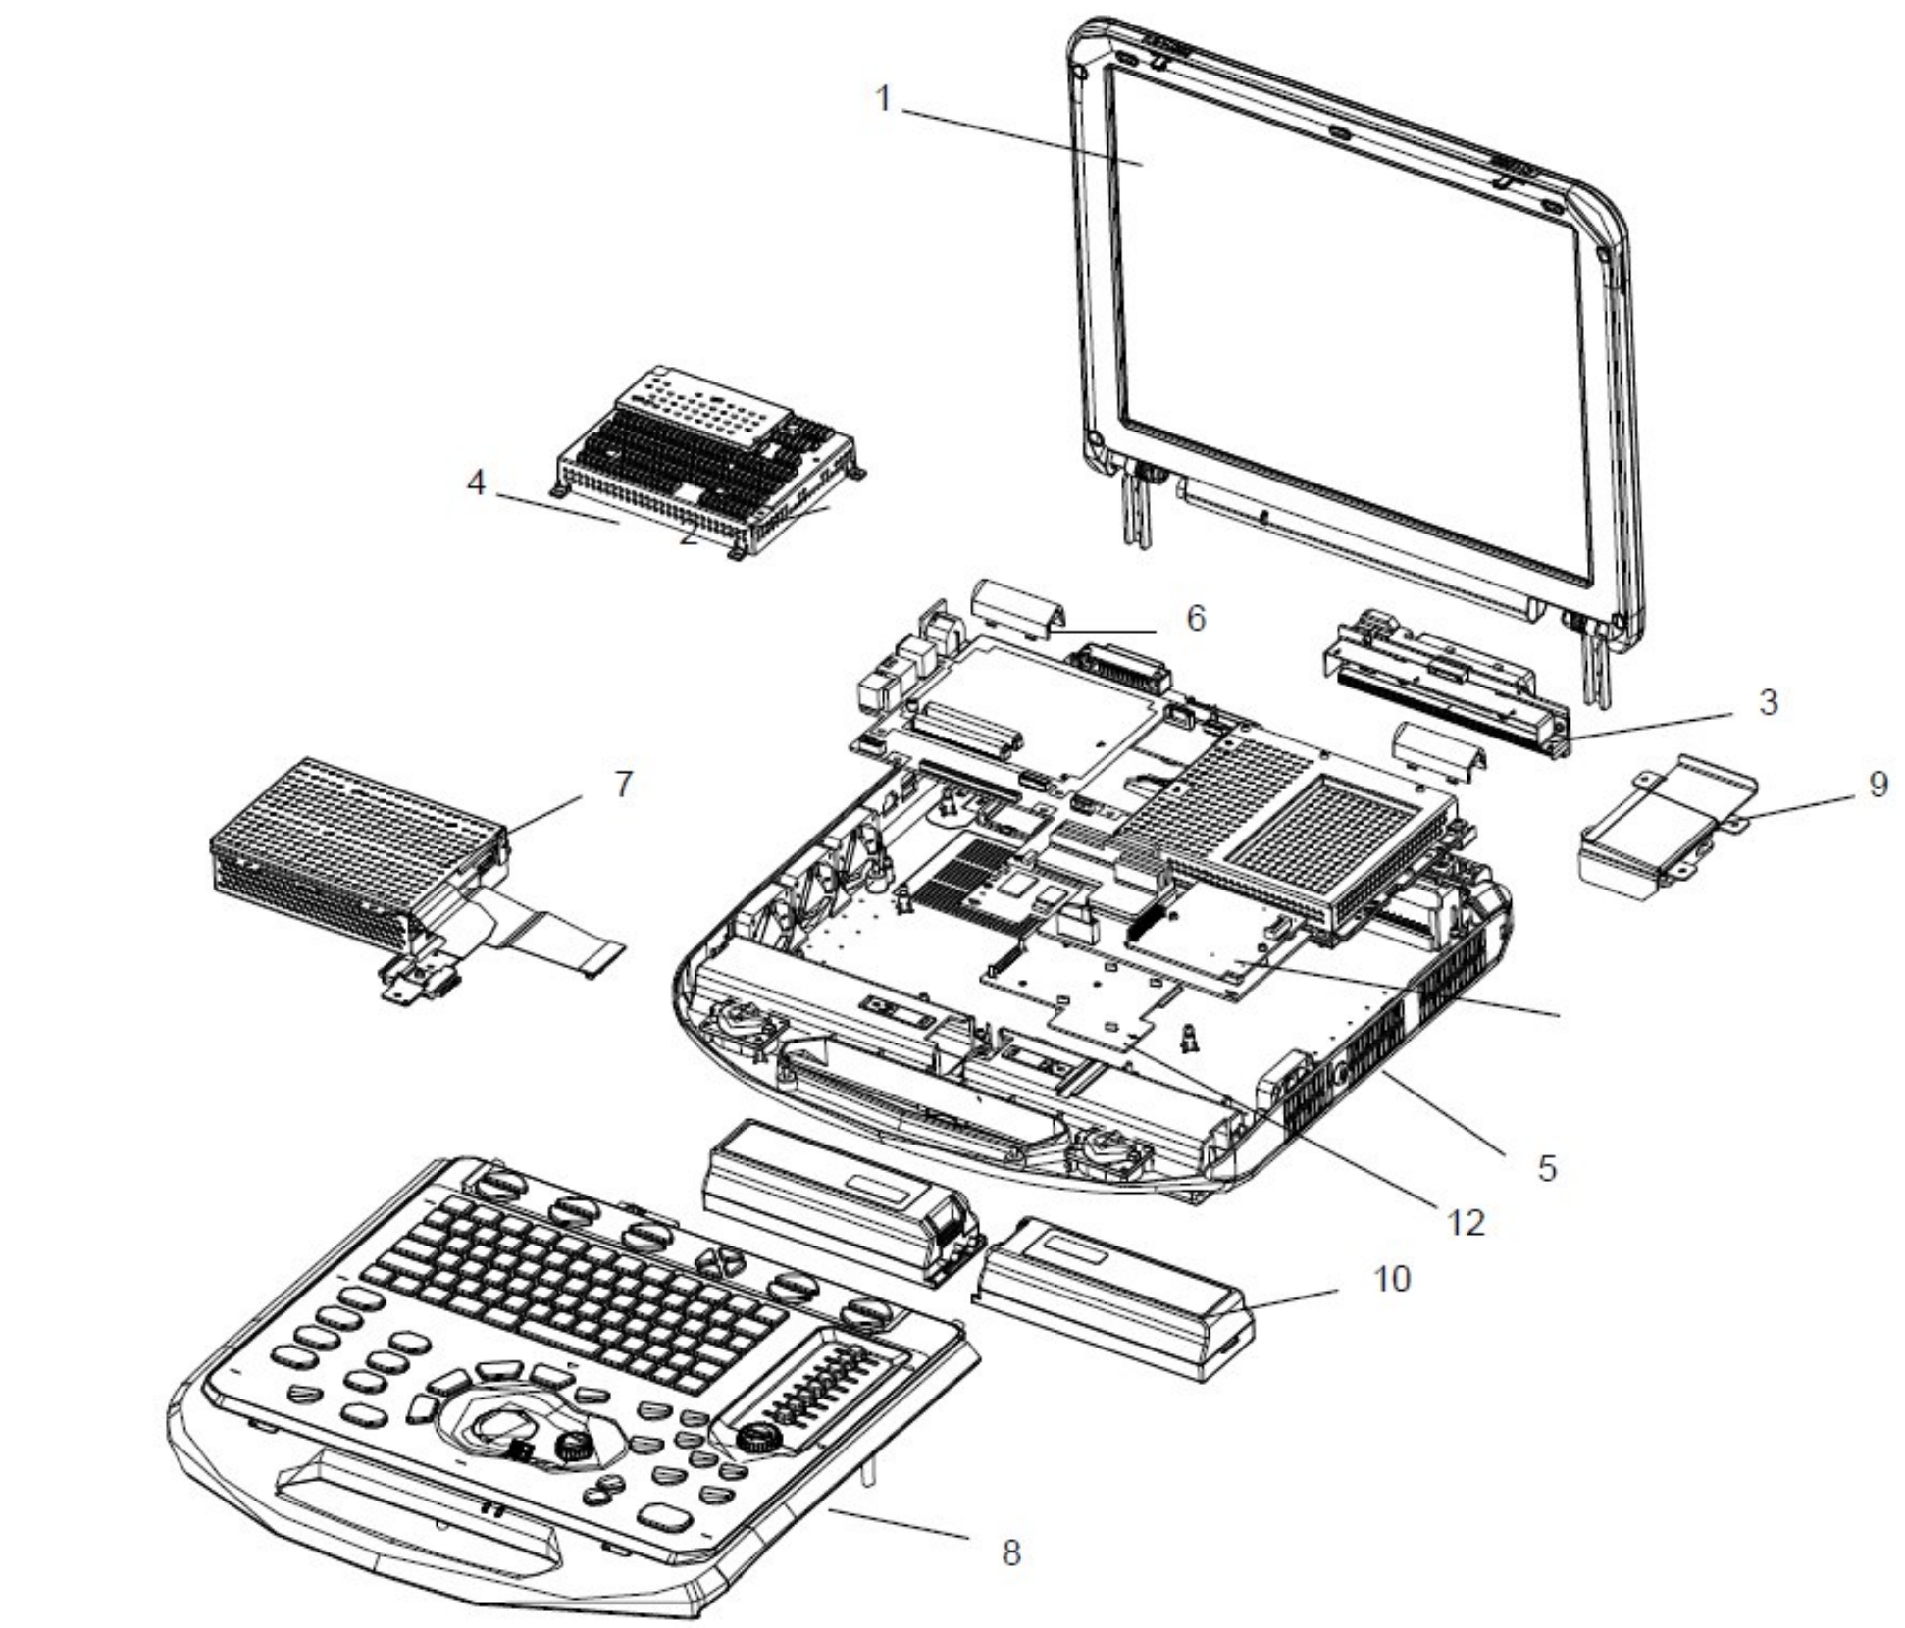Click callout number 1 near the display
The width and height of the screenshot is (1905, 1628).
(x=883, y=100)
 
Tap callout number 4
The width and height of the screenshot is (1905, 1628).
(x=477, y=483)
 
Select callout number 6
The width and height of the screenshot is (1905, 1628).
(x=1195, y=618)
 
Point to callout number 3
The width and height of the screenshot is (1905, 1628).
(x=1768, y=702)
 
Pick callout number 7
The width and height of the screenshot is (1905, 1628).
(x=624, y=785)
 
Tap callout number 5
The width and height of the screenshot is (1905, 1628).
(x=1547, y=1167)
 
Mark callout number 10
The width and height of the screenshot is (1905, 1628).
(x=1390, y=1279)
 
